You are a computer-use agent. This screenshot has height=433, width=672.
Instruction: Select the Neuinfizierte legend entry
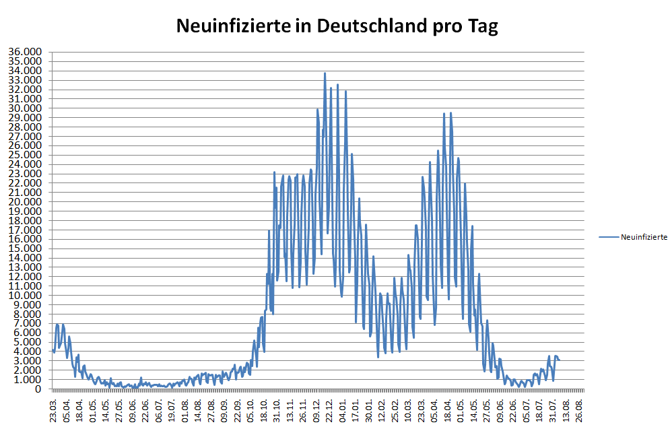[643, 236]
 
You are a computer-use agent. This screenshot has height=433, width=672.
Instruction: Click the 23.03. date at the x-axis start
[53, 411]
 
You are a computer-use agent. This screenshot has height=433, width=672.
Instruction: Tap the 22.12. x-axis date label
[330, 411]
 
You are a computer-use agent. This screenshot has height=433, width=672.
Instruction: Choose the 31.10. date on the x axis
[277, 411]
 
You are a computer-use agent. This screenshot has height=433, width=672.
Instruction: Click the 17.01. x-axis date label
[356, 411]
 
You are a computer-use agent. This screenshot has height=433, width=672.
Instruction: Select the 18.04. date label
[79, 411]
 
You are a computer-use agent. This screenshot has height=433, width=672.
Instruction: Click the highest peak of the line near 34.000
[325, 73]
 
